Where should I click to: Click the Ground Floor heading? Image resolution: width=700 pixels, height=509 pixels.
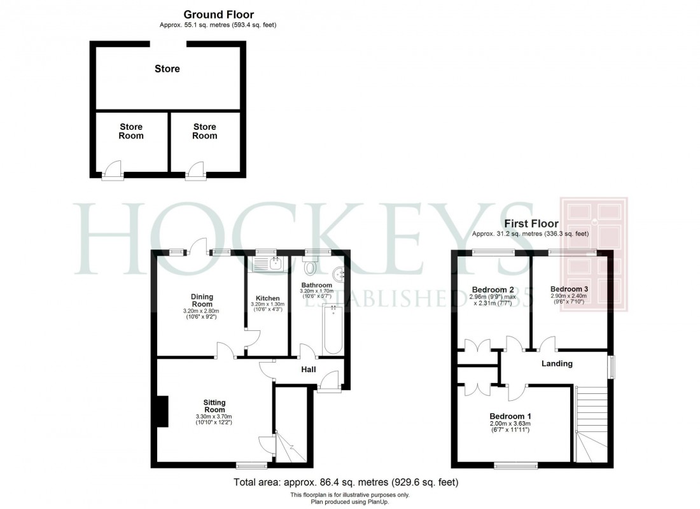pos(218,14)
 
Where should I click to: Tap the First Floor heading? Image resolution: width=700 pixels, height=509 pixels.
pos(531,223)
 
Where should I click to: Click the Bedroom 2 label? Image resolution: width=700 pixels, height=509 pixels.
pos(488,289)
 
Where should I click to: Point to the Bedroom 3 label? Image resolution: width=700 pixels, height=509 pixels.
pos(569,289)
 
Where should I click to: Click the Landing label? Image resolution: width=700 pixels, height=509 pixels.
pos(557,363)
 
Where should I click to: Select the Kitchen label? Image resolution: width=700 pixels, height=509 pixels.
pos(267,298)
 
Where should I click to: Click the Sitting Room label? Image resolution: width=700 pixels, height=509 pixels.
pos(214,406)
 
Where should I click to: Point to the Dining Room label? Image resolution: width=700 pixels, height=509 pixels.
pos(202,300)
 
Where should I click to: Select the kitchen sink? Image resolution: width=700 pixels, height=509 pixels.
pos(268,263)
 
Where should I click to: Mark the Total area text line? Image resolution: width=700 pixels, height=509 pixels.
pos(346,482)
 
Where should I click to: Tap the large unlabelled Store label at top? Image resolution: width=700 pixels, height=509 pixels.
pos(167,69)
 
